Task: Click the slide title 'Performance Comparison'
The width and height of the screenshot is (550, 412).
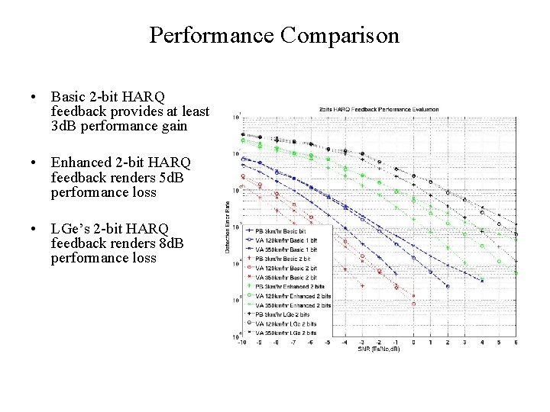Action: click(274, 35)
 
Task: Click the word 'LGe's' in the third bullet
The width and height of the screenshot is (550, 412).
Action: click(71, 228)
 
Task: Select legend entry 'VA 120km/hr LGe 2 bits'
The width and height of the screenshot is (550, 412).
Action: click(287, 323)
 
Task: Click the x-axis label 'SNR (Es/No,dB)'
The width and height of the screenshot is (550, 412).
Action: click(378, 349)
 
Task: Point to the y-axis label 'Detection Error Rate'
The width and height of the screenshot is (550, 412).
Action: click(227, 227)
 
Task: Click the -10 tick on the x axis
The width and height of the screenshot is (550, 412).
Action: click(242, 343)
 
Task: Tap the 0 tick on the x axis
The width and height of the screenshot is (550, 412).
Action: click(413, 343)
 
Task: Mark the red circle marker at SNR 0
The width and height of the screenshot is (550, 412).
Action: click(413, 304)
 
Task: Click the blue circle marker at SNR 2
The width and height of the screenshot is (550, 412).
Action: click(448, 286)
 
